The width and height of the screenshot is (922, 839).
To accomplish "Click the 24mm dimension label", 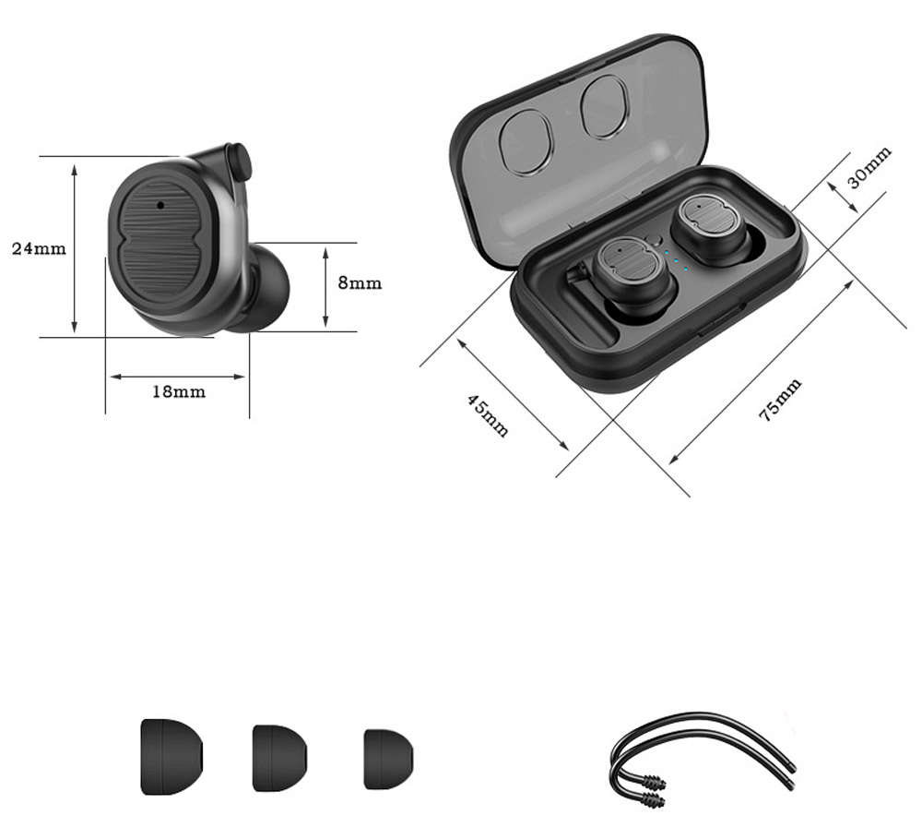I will (39, 248).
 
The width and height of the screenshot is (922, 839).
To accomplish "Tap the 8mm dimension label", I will (359, 283).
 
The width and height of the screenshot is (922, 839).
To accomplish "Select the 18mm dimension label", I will (178, 391).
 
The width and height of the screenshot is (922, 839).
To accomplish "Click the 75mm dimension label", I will (780, 400).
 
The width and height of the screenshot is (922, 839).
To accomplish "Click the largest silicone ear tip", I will (171, 756).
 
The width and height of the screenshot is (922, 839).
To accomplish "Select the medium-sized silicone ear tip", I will (279, 757).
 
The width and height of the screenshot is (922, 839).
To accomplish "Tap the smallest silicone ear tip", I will (388, 759).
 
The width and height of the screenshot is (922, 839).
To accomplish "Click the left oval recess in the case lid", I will (526, 142).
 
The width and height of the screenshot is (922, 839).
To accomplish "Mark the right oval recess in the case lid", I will (605, 106).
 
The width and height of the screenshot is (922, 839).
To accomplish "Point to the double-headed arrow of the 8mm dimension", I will (325, 285).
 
